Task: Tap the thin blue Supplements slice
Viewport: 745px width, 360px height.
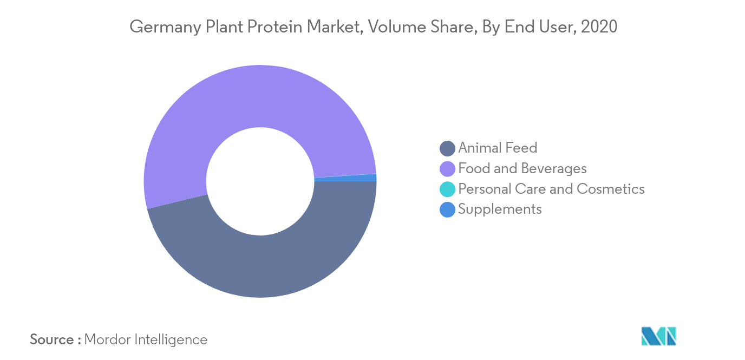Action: (346, 178)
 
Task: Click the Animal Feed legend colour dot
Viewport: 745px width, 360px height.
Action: (447, 148)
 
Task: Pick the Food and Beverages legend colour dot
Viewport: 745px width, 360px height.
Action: (447, 169)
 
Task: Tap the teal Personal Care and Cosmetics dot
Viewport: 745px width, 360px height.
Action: (447, 189)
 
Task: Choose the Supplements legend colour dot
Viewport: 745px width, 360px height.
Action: (447, 210)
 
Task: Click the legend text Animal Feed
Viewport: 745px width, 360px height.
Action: (498, 148)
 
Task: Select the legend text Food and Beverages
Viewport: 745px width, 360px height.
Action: (522, 168)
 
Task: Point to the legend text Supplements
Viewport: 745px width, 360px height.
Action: (500, 210)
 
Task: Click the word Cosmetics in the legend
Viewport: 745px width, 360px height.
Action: (611, 189)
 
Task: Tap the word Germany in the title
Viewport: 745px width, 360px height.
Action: (165, 27)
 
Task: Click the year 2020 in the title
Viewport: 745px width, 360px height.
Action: (599, 27)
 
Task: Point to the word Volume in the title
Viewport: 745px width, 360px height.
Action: (397, 27)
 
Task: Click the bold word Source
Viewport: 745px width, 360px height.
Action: (52, 339)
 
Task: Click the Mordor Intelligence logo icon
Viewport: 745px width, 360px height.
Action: (658, 336)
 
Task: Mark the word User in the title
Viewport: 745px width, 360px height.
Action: (558, 27)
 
